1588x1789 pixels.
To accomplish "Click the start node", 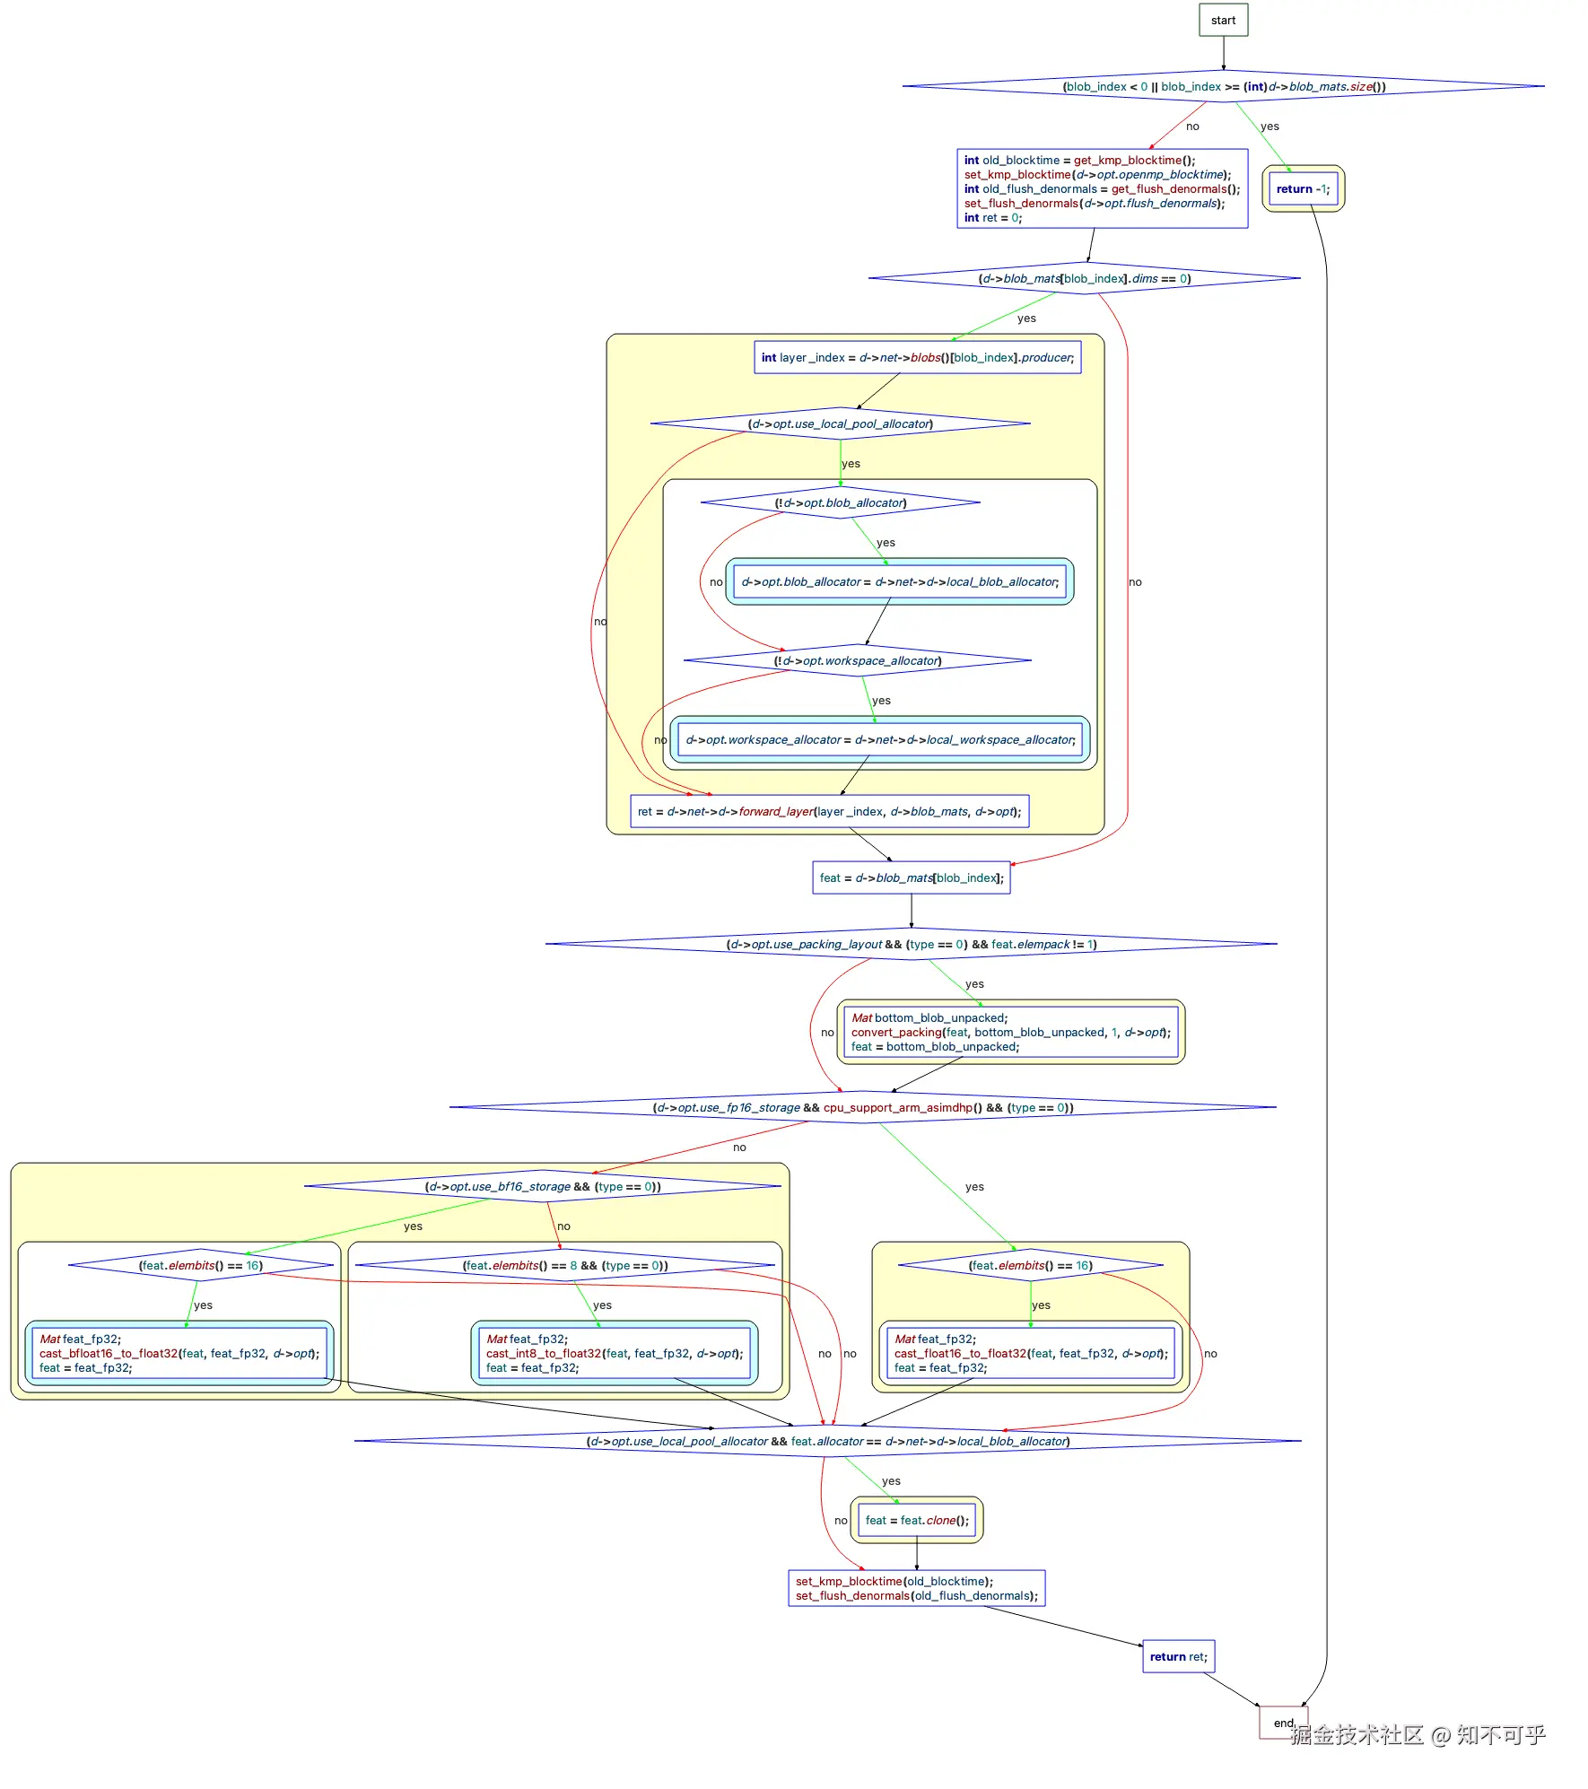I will [1223, 20].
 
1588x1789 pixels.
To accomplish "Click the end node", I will [1283, 1722].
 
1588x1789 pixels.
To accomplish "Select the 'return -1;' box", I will [1303, 188].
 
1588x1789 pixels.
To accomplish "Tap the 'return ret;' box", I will [1178, 1656].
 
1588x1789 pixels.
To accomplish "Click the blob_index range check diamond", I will [1223, 86].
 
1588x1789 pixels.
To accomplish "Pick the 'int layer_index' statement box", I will [917, 357].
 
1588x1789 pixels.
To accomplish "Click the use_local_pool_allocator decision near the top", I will [840, 423].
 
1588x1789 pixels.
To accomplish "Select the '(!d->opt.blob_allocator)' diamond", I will [840, 502].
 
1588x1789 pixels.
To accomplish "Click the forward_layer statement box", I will [829, 811].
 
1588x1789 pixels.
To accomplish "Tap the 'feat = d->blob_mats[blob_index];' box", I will [912, 877].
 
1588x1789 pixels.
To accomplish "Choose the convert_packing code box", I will [1010, 1032].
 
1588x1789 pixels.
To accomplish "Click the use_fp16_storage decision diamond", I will [862, 1107].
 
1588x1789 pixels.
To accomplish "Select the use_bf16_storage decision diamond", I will [542, 1186].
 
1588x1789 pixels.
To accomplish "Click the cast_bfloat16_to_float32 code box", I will [179, 1353].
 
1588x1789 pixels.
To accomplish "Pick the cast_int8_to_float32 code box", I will [615, 1353].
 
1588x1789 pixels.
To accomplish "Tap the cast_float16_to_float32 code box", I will [1031, 1353].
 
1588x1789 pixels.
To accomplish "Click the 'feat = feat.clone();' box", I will [916, 1520].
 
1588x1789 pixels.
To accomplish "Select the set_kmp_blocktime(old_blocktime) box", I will [916, 1588].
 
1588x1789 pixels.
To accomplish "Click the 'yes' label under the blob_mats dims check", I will [1026, 318].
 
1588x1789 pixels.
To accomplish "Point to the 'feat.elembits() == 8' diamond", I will [564, 1265].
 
